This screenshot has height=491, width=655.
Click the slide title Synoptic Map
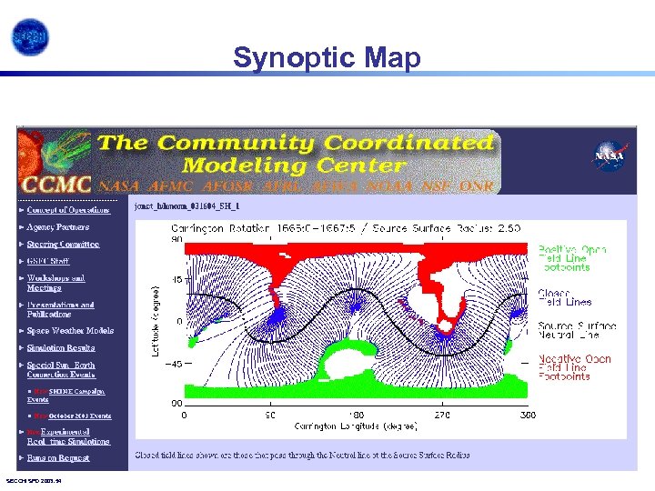coord(327,58)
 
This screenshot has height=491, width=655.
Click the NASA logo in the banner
coord(608,156)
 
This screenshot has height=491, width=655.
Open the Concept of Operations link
coord(68,210)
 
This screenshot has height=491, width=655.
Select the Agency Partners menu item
coord(58,227)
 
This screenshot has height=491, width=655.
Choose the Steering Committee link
coord(63,245)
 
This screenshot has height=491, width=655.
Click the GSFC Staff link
coord(48,261)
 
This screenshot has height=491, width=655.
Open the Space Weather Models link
coord(70,331)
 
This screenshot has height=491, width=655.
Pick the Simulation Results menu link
coord(61,348)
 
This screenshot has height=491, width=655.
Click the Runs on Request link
coord(59,459)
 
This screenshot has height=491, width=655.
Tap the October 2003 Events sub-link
coord(76,416)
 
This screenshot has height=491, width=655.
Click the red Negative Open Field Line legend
coord(574,367)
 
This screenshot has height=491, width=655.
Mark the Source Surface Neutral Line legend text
coord(576,330)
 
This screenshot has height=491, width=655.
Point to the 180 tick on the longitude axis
coord(357,414)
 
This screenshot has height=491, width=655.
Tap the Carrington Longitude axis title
coord(356,426)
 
